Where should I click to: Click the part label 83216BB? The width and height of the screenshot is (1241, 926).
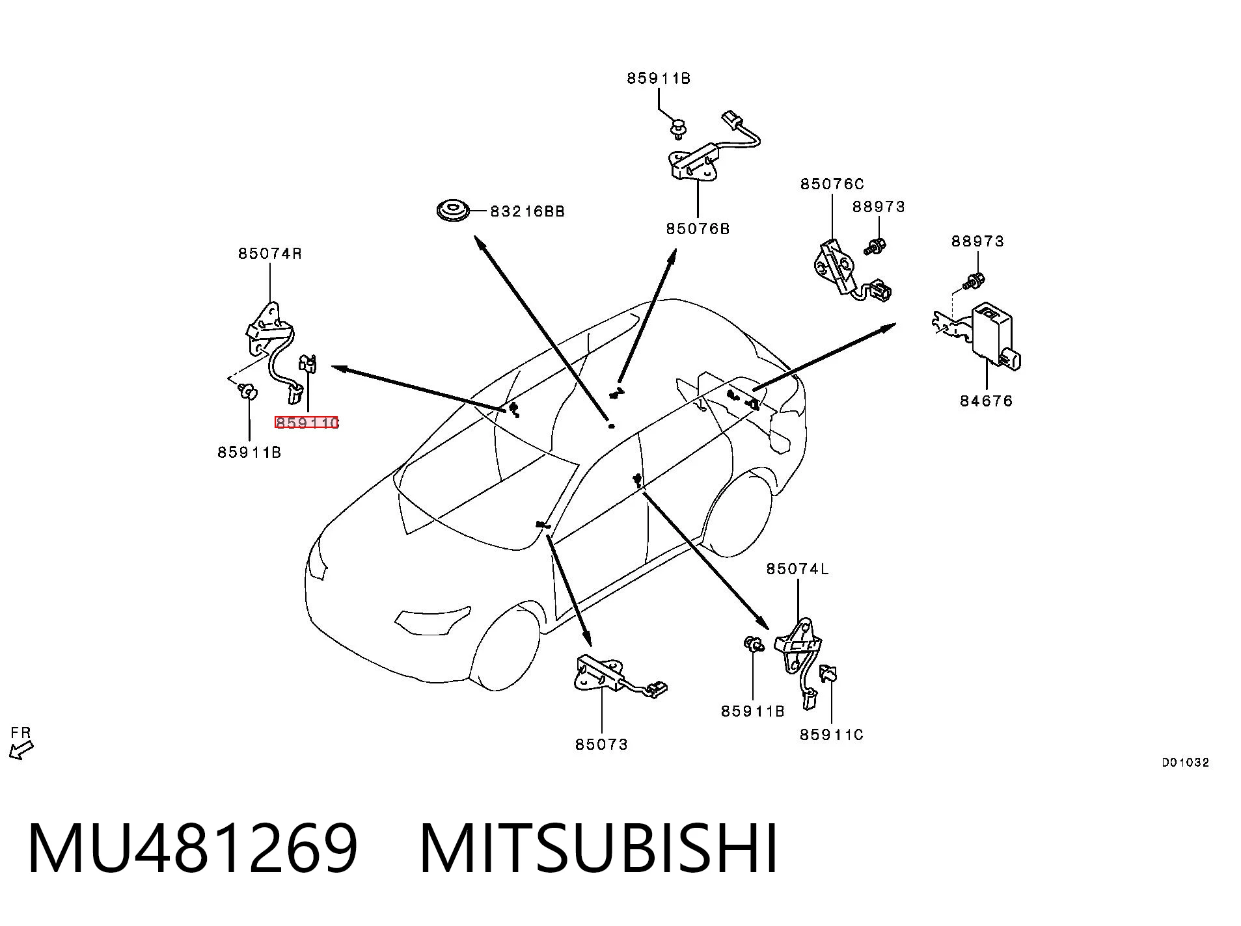pos(527,211)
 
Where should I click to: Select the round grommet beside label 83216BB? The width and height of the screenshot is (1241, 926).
pos(452,211)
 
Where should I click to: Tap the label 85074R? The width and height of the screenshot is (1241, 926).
pos(270,254)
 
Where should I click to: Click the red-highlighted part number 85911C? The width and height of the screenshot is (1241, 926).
pos(307,423)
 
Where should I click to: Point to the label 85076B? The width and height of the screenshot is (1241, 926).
pos(698,229)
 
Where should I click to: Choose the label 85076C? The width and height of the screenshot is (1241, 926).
pos(832,184)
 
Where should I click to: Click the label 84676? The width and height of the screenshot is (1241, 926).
pos(987,401)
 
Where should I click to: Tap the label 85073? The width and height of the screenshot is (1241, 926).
pos(602,745)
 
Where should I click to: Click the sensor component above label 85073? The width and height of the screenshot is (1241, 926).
pos(618,677)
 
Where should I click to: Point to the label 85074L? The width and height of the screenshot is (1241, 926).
pos(798,569)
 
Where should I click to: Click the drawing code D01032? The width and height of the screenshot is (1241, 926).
pos(1186,763)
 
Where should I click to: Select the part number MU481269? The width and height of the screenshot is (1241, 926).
pos(193,849)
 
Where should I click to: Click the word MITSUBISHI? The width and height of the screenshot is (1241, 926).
pos(599,849)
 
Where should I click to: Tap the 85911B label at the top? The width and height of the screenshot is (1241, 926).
pos(659,79)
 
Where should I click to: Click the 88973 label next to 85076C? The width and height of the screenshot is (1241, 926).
pos(879,207)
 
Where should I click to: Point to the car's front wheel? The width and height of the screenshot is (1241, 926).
pos(508,650)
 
